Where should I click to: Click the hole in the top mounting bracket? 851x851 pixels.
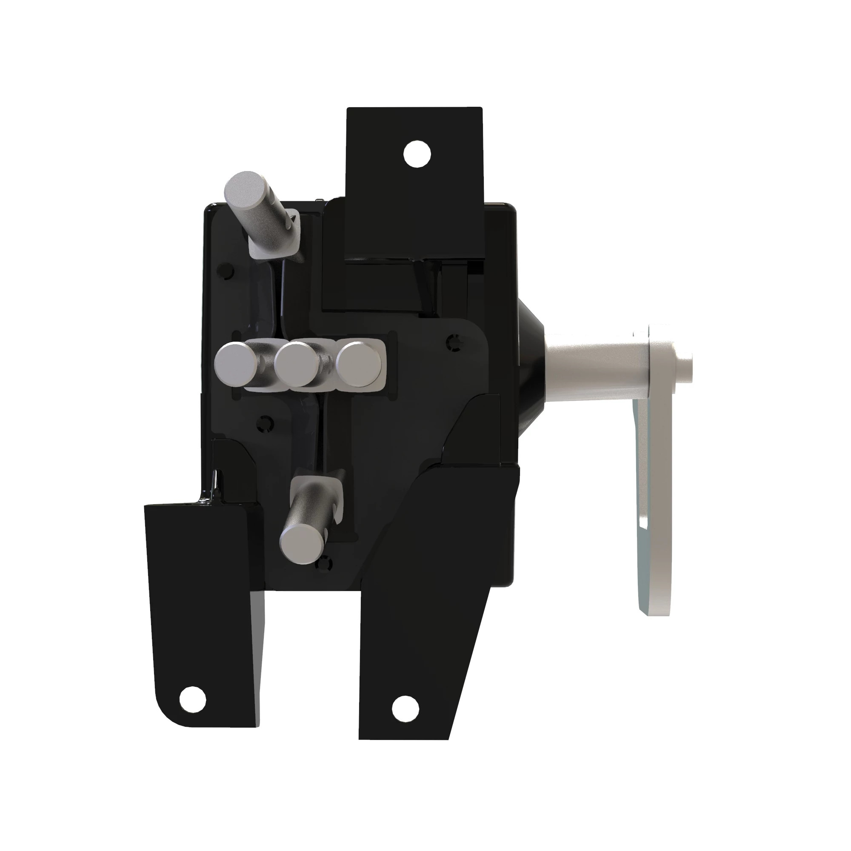417,154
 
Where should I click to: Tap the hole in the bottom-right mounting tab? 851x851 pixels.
406,709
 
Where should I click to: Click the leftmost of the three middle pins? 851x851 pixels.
237,365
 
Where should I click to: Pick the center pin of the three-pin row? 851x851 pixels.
297,365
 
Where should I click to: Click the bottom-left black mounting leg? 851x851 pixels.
203,617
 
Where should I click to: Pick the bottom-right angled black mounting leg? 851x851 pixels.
431,617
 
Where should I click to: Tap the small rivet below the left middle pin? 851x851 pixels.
264,424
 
